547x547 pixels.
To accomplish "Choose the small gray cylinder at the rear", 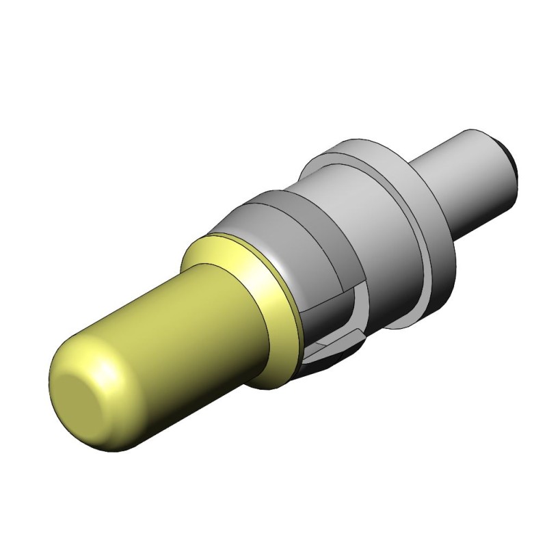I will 472,178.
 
